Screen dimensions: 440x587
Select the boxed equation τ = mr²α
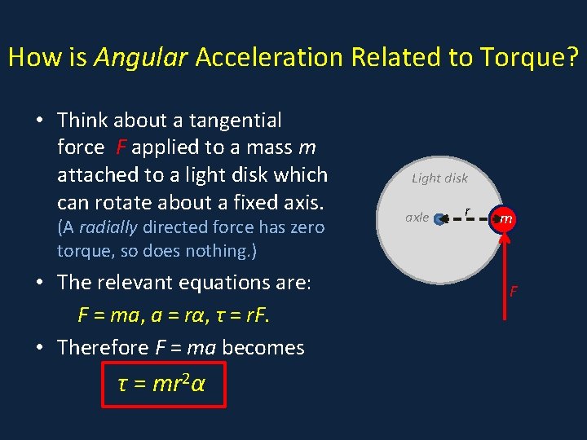[x=162, y=382]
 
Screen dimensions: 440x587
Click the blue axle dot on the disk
[x=440, y=218]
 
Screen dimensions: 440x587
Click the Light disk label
[x=439, y=178]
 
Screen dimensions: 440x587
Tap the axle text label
[x=417, y=218]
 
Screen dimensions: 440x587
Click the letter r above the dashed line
[x=466, y=211]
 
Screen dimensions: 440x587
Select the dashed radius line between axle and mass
[x=469, y=218]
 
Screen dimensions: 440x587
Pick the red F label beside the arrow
[x=514, y=291]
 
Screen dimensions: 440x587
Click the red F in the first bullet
[x=121, y=148]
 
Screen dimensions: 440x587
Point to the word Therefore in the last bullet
[x=103, y=348]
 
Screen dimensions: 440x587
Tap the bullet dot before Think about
[x=39, y=121]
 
